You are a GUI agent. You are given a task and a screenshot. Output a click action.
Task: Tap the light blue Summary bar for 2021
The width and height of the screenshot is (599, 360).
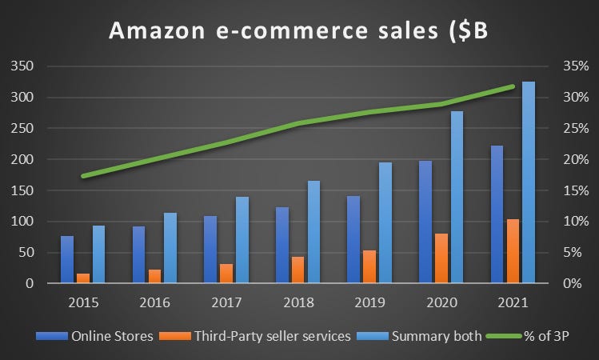529,182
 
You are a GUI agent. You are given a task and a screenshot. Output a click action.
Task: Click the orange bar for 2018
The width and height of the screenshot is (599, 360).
298,270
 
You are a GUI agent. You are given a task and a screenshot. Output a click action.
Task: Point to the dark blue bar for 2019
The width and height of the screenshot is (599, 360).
353,239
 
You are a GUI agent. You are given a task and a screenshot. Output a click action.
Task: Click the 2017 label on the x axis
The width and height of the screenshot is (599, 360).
226,302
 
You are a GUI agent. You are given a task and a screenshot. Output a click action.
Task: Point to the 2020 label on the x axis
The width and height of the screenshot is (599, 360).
441,302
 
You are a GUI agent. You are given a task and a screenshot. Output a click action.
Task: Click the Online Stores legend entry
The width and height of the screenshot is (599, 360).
111,336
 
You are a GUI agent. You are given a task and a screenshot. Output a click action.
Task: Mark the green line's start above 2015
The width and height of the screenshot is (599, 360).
83,176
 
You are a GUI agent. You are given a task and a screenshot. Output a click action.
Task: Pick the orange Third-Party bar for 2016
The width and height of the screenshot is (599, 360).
154,276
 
